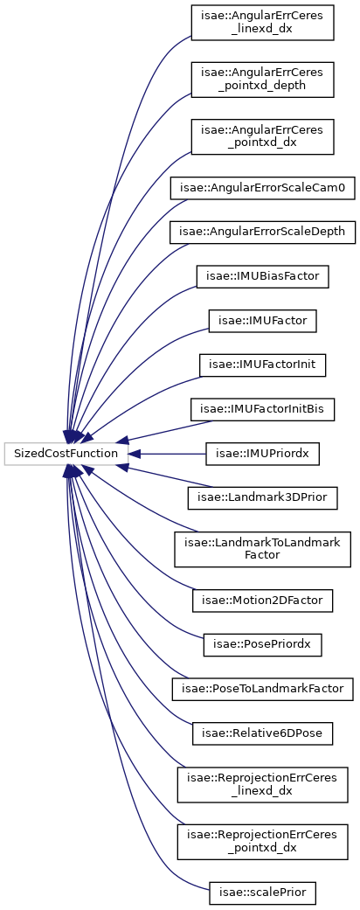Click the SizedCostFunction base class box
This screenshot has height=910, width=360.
tap(66, 454)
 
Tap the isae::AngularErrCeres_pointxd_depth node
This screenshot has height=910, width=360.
tap(263, 80)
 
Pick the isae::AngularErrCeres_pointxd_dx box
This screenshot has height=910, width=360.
tap(263, 137)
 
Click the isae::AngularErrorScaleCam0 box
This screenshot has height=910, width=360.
tap(263, 189)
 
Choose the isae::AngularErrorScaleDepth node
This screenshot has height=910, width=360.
tap(263, 232)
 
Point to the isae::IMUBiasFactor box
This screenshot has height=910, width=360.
tap(263, 275)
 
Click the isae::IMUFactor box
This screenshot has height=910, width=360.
tap(263, 321)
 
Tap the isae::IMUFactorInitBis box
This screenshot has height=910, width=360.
tap(263, 410)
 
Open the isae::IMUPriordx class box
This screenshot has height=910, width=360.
tap(263, 454)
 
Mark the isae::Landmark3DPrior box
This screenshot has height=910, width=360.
tap(263, 497)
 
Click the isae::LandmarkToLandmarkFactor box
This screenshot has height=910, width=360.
tap(263, 548)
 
